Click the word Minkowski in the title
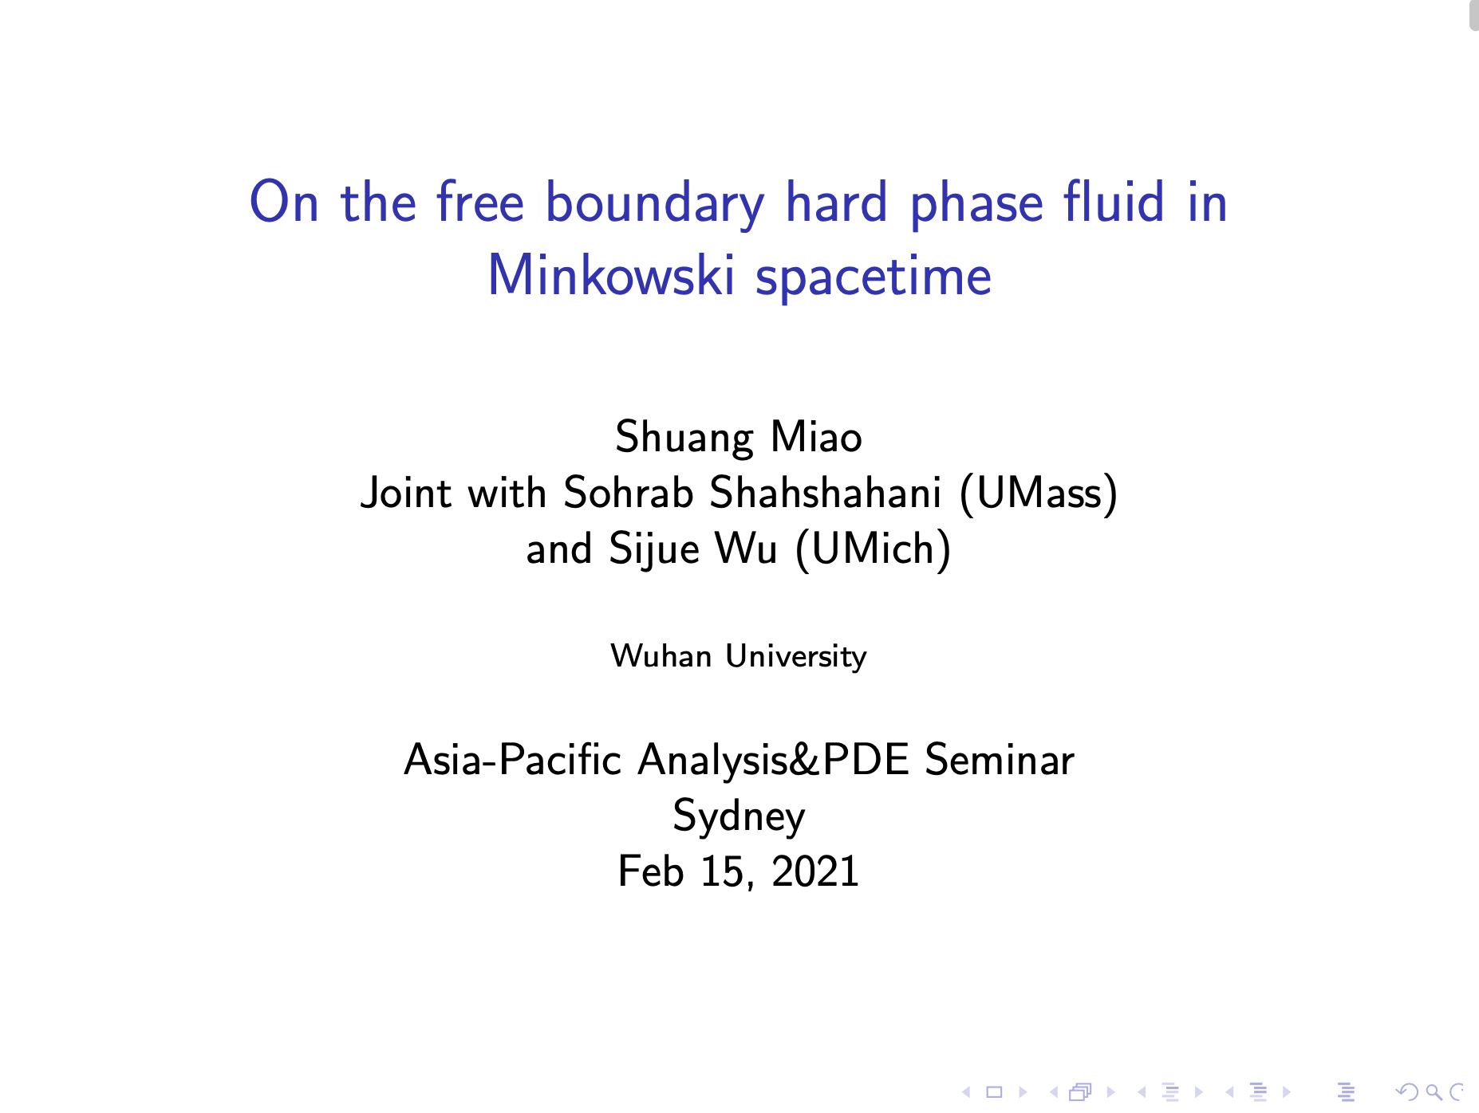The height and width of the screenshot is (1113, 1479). pos(610,275)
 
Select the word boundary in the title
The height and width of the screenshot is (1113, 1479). pos(655,204)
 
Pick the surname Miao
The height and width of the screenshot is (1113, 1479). pos(816,437)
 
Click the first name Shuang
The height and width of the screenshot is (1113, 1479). pos(684,439)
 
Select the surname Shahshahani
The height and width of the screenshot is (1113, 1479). pos(825,492)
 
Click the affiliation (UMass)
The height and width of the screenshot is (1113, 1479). pos(1038,494)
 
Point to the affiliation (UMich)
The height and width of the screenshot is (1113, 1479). pos(873,549)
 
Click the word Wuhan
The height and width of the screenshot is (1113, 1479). pos(661,656)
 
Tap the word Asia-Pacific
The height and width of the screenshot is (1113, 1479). pos(512,759)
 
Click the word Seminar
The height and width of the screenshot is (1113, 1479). pos(999,759)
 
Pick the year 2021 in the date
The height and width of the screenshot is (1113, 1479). pos(814,871)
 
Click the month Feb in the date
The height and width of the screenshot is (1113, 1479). pos(650,871)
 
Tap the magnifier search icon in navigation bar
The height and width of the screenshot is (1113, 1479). pos(1434,1092)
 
